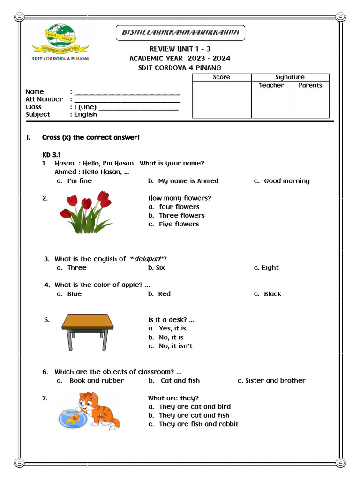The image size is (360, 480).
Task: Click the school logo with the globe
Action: (x=60, y=42)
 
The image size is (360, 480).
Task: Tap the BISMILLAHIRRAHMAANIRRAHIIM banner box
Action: (x=180, y=33)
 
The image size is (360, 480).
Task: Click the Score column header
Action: (x=221, y=77)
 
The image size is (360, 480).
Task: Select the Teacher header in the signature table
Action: (x=271, y=85)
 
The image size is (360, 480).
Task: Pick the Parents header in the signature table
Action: (x=310, y=85)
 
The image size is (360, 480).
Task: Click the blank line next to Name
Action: (x=127, y=93)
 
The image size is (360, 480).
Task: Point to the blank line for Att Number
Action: (x=127, y=100)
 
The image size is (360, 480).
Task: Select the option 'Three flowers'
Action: (x=181, y=216)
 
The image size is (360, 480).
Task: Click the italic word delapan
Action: (x=147, y=259)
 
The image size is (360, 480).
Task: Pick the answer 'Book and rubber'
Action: (x=97, y=381)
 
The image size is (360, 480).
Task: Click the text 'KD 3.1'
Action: (x=52, y=155)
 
